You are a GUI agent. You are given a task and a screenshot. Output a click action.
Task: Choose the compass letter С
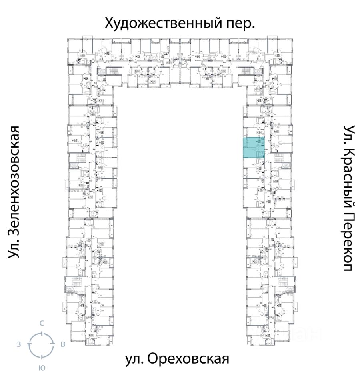[x=41, y=323]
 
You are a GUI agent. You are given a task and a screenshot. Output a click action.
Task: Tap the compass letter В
[x=63, y=344]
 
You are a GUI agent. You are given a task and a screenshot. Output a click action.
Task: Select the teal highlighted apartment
[x=254, y=147]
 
